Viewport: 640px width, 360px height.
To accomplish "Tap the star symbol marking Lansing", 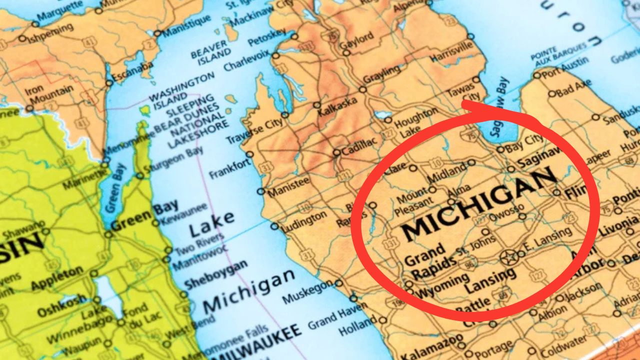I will click(509, 258).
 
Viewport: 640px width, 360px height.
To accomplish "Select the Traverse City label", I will click(254, 131).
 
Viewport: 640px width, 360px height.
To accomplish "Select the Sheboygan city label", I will click(215, 274).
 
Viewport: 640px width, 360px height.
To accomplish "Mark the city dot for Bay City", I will click(500, 149).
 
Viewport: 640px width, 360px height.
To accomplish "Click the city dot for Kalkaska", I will click(316, 105).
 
